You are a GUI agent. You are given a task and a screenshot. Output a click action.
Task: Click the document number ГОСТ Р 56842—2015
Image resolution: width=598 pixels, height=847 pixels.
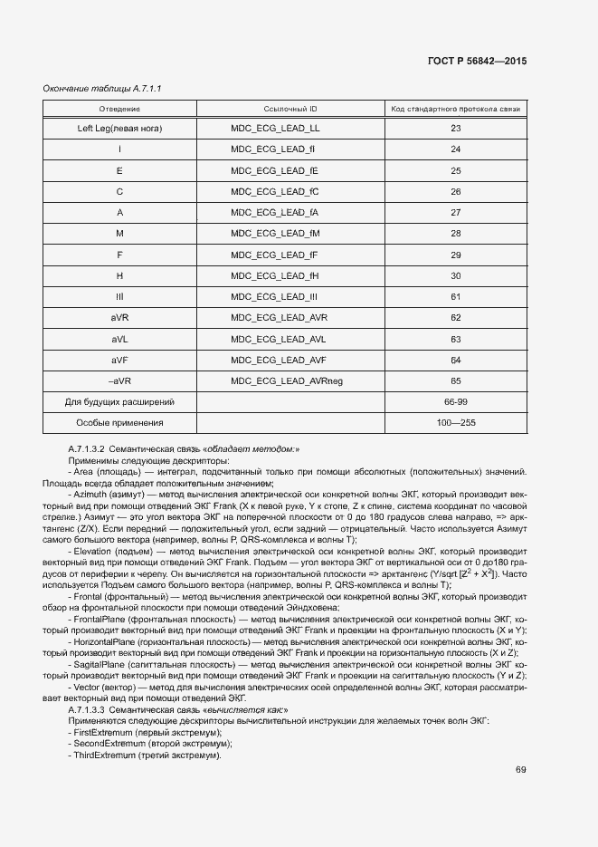pyautogui.click(x=476, y=61)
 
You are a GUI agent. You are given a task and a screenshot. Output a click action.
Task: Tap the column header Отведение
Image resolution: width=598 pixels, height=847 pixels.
pyautogui.click(x=119, y=109)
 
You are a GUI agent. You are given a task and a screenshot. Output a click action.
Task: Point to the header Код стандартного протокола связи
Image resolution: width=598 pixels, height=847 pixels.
pyautogui.click(x=455, y=109)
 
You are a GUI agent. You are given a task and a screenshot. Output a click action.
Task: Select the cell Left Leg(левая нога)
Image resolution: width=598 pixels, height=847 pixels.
pyautogui.click(x=119, y=128)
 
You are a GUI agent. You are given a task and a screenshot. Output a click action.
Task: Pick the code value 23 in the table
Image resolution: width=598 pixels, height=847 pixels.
pyautogui.click(x=455, y=128)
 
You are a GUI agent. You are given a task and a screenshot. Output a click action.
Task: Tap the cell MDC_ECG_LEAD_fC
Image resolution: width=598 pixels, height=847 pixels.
pyautogui.click(x=275, y=191)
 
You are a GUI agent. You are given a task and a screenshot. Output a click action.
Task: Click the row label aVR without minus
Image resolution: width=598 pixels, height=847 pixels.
pyautogui.click(x=119, y=318)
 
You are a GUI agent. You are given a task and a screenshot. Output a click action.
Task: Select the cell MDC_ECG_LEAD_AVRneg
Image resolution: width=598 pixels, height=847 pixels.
pyautogui.click(x=287, y=381)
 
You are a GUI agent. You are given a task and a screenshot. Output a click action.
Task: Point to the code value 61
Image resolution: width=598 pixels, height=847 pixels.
pyautogui.click(x=455, y=297)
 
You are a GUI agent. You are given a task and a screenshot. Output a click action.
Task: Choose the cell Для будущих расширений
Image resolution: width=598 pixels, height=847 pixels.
pyautogui.click(x=119, y=401)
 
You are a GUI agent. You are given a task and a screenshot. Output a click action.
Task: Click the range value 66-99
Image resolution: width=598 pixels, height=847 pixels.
pyautogui.click(x=455, y=401)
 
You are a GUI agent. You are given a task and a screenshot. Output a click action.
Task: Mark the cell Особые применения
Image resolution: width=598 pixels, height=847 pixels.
pyautogui.click(x=119, y=423)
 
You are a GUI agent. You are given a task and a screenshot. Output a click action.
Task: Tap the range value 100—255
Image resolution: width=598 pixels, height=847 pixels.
pyautogui.click(x=455, y=423)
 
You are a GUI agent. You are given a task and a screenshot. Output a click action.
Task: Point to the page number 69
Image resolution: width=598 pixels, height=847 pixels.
pyautogui.click(x=521, y=770)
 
